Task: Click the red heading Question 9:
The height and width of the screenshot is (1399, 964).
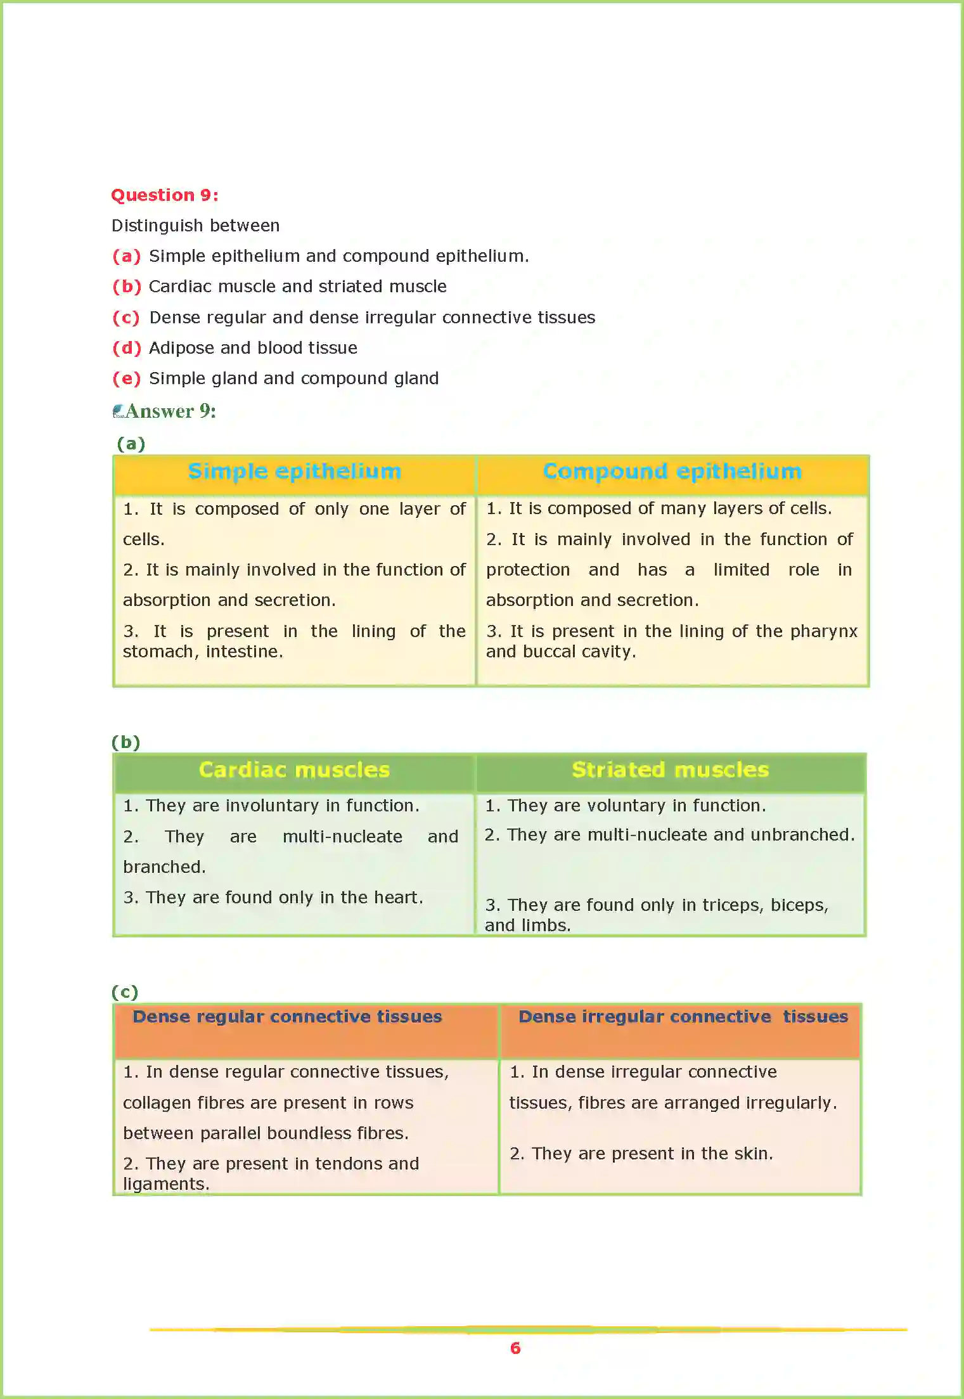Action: [x=165, y=195]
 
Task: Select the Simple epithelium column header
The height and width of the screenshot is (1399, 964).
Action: [x=295, y=472]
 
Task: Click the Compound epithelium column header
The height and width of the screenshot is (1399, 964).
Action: [x=672, y=472]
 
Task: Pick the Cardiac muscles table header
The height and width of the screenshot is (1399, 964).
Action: [x=294, y=770]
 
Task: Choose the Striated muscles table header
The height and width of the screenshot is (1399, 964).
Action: [x=670, y=770]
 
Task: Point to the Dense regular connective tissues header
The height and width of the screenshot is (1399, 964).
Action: [x=287, y=1017]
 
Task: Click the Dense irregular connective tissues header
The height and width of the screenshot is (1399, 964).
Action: [x=683, y=1017]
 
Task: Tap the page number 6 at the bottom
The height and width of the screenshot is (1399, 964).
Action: [x=515, y=1348]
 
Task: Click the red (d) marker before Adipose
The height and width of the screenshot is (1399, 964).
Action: [x=126, y=348]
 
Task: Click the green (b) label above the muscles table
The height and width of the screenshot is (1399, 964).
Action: [x=125, y=742]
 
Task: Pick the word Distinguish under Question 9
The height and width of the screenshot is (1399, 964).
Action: [x=149, y=226]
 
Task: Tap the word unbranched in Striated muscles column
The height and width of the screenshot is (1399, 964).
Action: [x=801, y=835]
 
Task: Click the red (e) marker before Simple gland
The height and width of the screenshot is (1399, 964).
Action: [x=126, y=378]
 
